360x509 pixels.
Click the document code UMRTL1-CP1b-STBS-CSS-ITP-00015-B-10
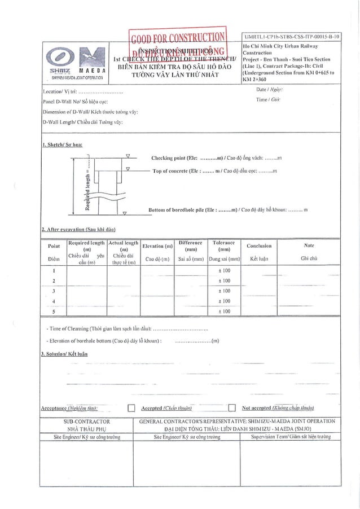coord(291,36)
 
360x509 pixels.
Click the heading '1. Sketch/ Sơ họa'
coord(62,144)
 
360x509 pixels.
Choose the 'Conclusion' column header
coord(259,246)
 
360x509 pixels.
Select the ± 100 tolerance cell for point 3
coord(223,291)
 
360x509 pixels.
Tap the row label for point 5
coord(54,311)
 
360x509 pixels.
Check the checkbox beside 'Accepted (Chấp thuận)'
coord(131,409)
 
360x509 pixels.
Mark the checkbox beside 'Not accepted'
coord(231,409)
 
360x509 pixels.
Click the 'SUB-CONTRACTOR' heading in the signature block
coord(87,422)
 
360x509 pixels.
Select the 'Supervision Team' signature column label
coord(291,437)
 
